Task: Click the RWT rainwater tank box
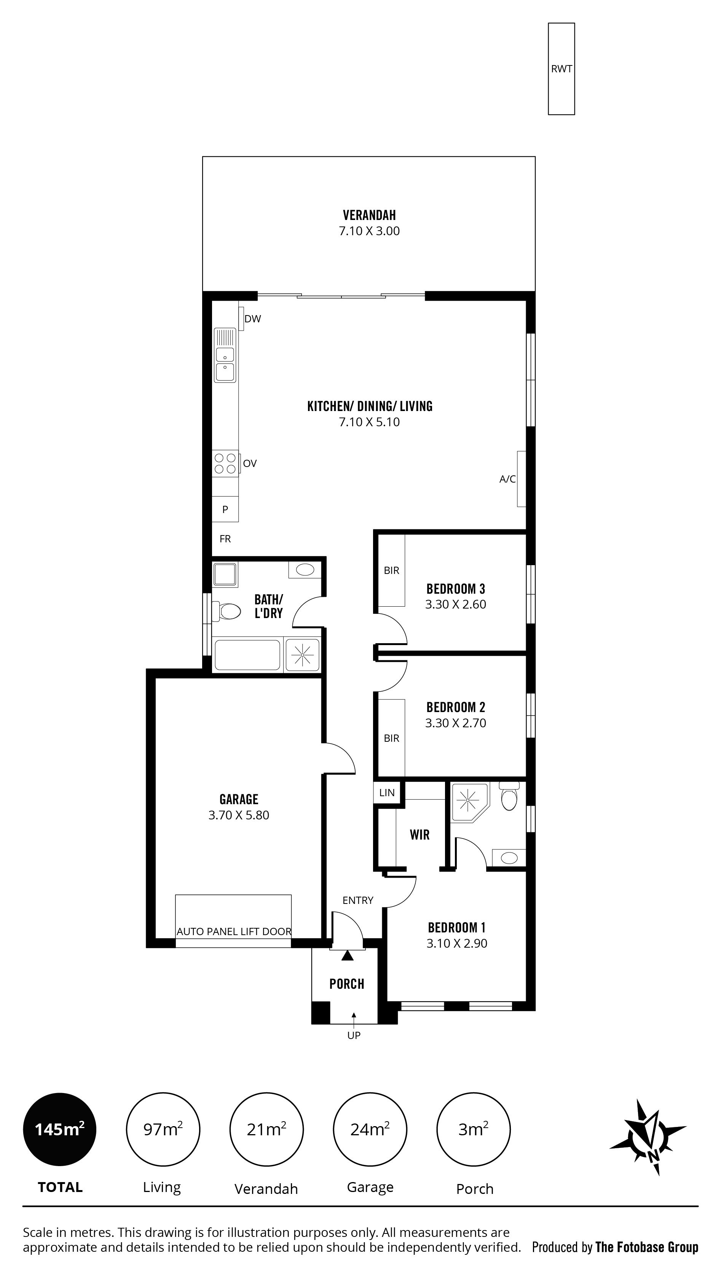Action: tap(561, 69)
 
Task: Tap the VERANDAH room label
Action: tap(369, 215)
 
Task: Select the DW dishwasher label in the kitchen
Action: tap(252, 319)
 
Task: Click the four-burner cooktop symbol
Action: tap(225, 464)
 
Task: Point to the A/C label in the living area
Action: tap(507, 479)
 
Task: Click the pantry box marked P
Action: tap(225, 509)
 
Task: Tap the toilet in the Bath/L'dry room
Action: tap(226, 611)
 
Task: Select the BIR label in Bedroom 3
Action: tap(391, 570)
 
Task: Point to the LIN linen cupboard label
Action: tap(387, 793)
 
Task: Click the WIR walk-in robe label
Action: tap(420, 835)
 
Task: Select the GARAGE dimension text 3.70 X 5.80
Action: tap(239, 815)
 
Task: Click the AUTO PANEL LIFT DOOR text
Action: tap(234, 932)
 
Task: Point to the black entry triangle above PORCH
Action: tap(347, 955)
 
